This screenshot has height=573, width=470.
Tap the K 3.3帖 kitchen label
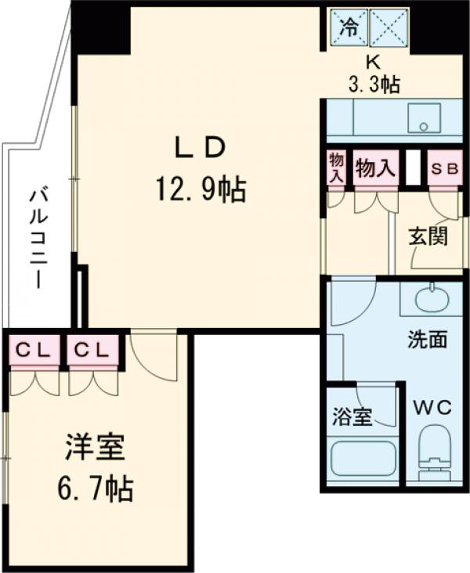pyautogui.click(x=373, y=74)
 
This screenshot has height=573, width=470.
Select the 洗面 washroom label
pyautogui.click(x=427, y=341)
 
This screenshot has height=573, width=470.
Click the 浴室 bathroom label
pyautogui.click(x=352, y=416)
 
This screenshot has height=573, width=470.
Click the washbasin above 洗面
pyautogui.click(x=431, y=299)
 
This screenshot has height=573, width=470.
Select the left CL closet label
pyautogui.click(x=33, y=350)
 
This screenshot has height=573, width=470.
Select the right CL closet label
pyautogui.click(x=92, y=350)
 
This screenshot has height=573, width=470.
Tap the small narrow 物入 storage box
pyautogui.click(x=336, y=168)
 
